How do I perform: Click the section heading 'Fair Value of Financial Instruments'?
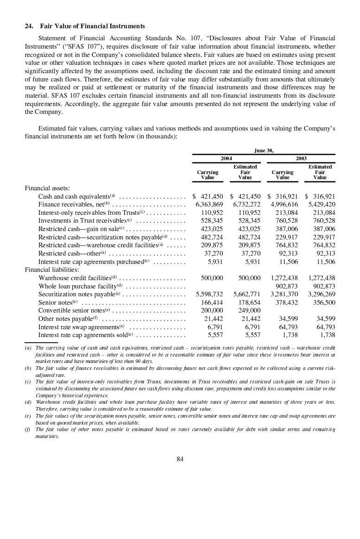tap(93, 26)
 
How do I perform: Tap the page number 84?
tap(180, 459)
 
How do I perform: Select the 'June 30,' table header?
tap(264, 150)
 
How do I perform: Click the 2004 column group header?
tap(226, 158)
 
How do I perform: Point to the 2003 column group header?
tap(301, 158)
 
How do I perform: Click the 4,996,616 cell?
tap(284, 204)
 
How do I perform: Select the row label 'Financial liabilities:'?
tap(51, 269)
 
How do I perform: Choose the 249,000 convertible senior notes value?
tap(250, 310)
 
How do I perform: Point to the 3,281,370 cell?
tap(284, 294)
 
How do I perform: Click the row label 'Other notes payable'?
tap(66, 319)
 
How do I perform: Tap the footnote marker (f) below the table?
tap(28, 429)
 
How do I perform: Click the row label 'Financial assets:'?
tap(47, 188)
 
